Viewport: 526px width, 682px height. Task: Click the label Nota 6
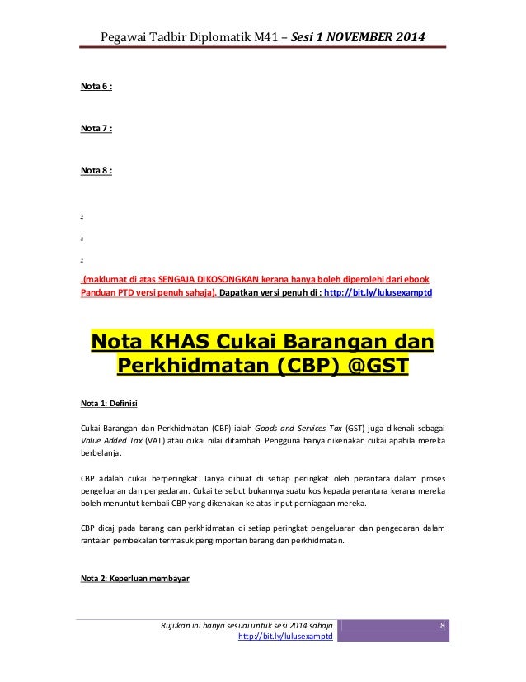[x=96, y=86]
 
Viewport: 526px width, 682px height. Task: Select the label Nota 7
[x=96, y=128]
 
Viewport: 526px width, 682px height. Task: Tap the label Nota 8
[x=96, y=170]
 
